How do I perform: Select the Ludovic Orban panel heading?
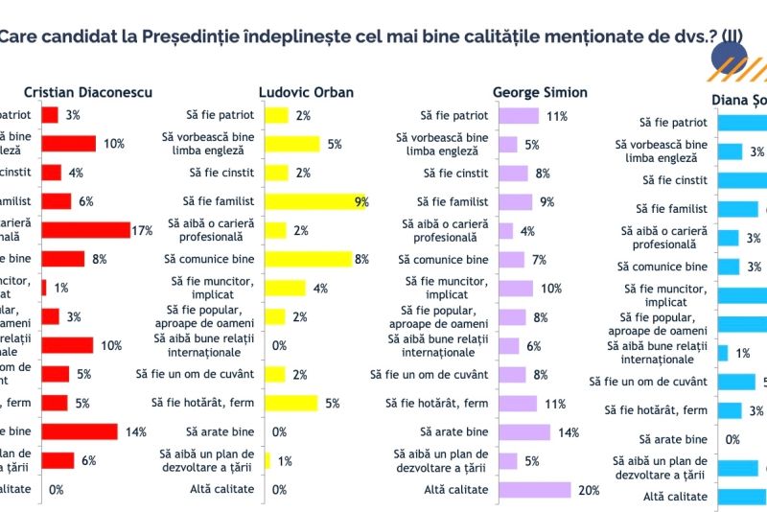click(x=306, y=92)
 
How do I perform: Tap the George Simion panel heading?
click(x=540, y=92)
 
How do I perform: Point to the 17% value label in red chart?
click(x=142, y=230)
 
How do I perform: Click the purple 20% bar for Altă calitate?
click(x=535, y=489)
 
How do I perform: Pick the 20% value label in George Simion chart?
click(x=588, y=489)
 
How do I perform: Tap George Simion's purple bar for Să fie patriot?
click(x=520, y=115)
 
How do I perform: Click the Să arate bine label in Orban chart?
click(x=222, y=431)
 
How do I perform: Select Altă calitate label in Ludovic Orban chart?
click(x=221, y=489)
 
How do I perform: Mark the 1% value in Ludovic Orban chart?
click(x=285, y=460)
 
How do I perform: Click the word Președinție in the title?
click(x=168, y=37)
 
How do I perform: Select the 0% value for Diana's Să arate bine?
click(x=732, y=439)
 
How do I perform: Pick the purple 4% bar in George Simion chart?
click(x=506, y=230)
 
